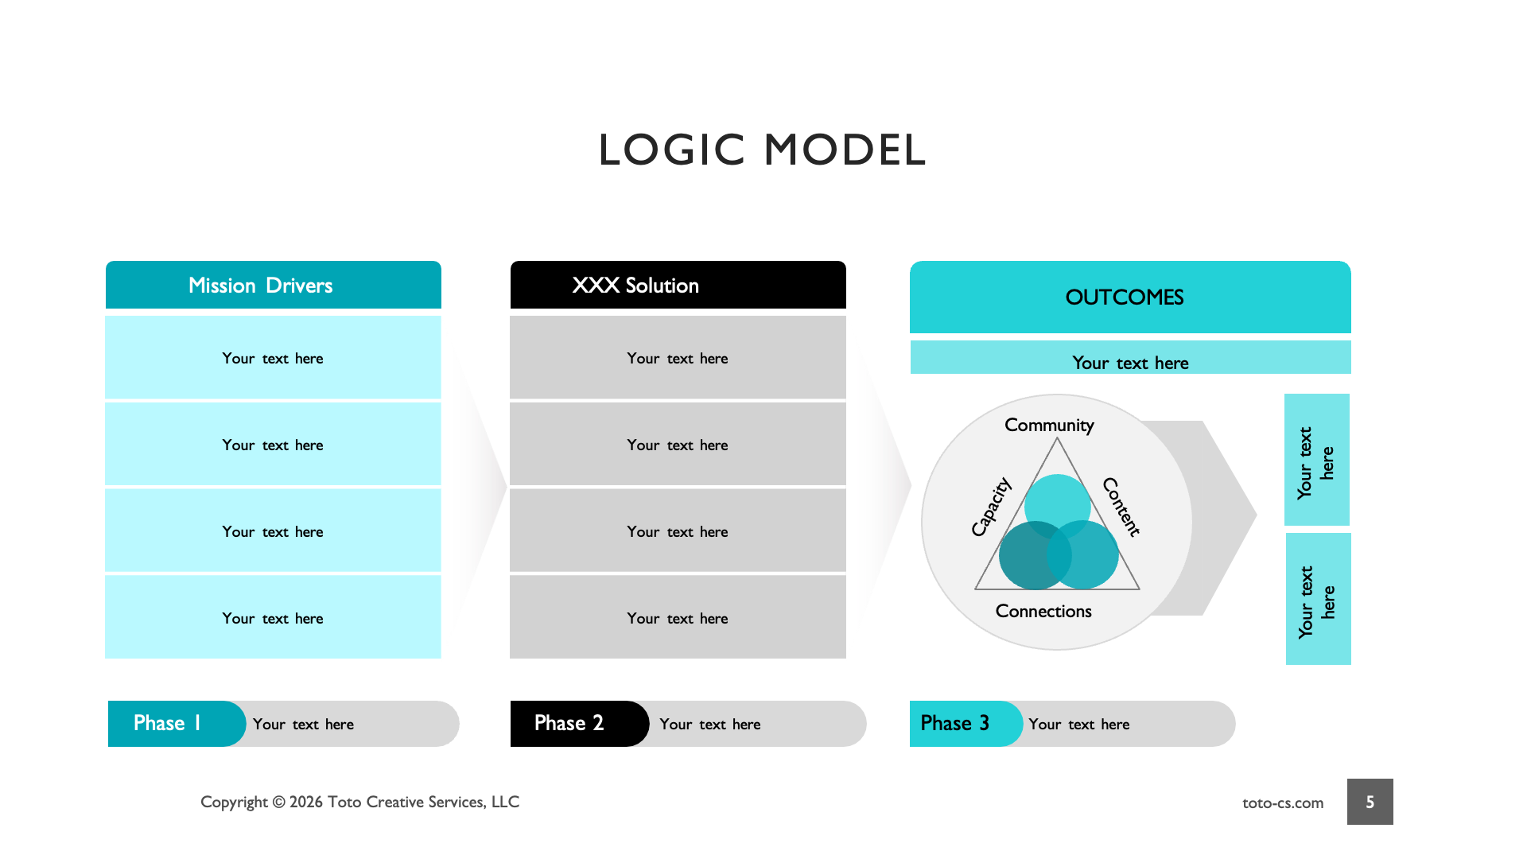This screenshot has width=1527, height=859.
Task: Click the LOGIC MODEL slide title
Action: (762, 150)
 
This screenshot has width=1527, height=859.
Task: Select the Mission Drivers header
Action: (261, 286)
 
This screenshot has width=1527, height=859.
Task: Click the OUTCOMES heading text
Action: (1124, 297)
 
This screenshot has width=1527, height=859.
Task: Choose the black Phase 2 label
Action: (569, 723)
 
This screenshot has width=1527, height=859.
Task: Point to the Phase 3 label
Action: (955, 723)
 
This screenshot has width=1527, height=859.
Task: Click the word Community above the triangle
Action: (1049, 426)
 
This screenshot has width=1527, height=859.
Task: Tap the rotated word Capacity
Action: (991, 507)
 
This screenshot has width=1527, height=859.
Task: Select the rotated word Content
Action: (1121, 507)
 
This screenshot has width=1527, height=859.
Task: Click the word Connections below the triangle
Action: (1043, 611)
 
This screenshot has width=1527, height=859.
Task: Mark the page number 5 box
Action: (1370, 802)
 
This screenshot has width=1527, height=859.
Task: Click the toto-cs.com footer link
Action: (1283, 803)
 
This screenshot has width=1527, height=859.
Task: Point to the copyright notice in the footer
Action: (359, 802)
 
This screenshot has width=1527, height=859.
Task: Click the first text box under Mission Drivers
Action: (273, 358)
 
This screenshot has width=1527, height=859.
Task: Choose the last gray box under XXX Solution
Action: (678, 618)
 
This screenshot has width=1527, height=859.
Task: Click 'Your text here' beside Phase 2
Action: (710, 724)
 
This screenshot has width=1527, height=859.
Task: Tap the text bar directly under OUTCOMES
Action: (1130, 362)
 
